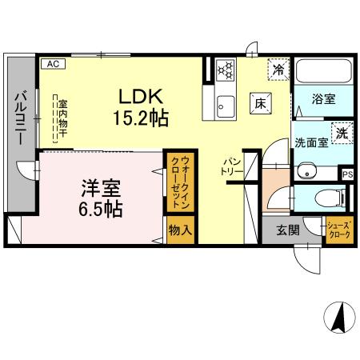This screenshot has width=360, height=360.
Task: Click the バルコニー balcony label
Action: click(x=18, y=118)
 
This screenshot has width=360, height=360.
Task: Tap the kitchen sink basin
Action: click(x=225, y=104)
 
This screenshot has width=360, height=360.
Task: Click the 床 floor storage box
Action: click(x=259, y=102)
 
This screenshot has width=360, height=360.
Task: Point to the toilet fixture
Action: click(x=329, y=198)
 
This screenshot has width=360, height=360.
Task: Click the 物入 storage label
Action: click(x=179, y=229)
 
